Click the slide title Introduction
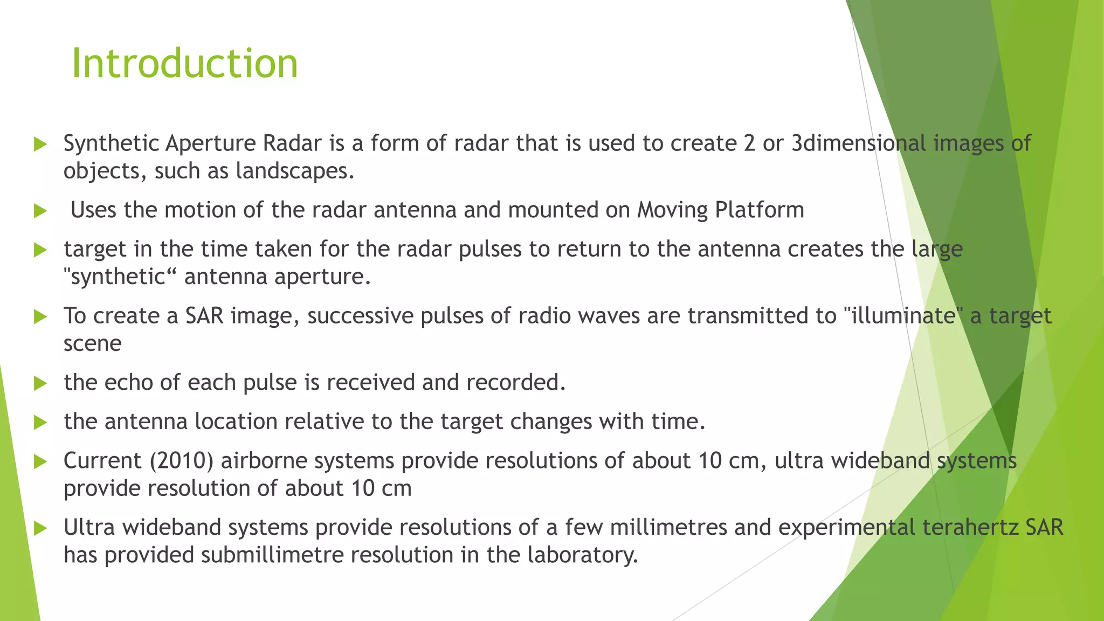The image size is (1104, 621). click(x=184, y=64)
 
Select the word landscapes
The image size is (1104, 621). click(x=295, y=171)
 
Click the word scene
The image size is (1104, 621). click(x=92, y=344)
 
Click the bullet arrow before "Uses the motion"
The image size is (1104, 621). click(x=40, y=211)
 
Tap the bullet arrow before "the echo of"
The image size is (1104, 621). click(x=40, y=383)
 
